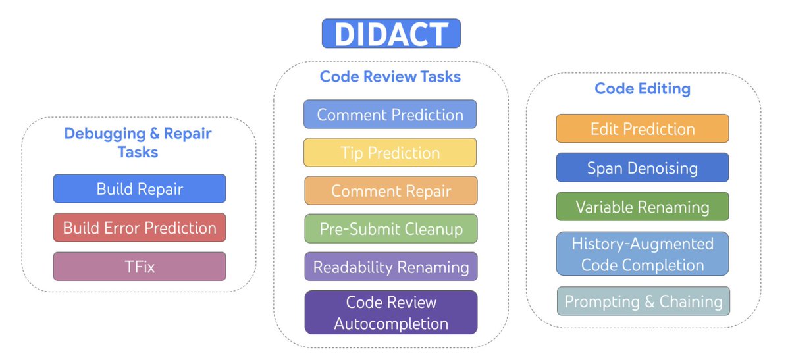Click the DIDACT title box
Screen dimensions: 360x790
(x=391, y=34)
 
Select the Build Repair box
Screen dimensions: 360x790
(x=140, y=189)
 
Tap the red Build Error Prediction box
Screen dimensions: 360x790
(x=140, y=228)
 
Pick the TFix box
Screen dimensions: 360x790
(x=140, y=267)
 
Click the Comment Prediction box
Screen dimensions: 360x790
(x=390, y=115)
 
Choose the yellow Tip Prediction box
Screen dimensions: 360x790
(x=390, y=153)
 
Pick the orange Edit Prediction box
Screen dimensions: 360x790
(x=643, y=128)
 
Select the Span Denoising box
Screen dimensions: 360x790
(x=643, y=168)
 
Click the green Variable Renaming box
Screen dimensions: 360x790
(x=643, y=207)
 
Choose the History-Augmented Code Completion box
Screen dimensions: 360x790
(x=643, y=254)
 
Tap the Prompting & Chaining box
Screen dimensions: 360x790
(x=643, y=301)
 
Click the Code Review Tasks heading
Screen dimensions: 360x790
(x=390, y=76)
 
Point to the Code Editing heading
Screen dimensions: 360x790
(x=643, y=88)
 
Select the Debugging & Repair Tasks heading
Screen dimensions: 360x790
(x=138, y=142)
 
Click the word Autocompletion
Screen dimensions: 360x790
(x=391, y=323)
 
